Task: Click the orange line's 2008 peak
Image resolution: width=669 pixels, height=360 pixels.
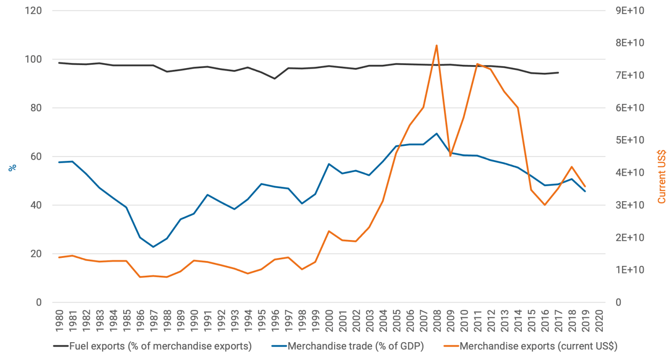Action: tap(436, 45)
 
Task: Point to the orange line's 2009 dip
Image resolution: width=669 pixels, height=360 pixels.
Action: tap(450, 155)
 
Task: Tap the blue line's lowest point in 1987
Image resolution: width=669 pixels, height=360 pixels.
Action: tap(153, 247)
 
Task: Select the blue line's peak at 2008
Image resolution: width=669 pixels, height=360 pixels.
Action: tap(436, 133)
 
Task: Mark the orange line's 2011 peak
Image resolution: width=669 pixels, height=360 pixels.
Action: tap(477, 64)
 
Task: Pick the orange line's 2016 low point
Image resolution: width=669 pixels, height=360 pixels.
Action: tap(544, 205)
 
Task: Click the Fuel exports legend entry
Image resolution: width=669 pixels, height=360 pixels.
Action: tap(152, 346)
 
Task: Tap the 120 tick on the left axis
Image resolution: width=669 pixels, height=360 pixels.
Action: tap(36, 11)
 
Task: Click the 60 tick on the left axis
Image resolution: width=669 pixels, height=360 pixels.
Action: tap(38, 157)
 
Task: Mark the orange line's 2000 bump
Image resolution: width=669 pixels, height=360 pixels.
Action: tap(328, 231)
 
